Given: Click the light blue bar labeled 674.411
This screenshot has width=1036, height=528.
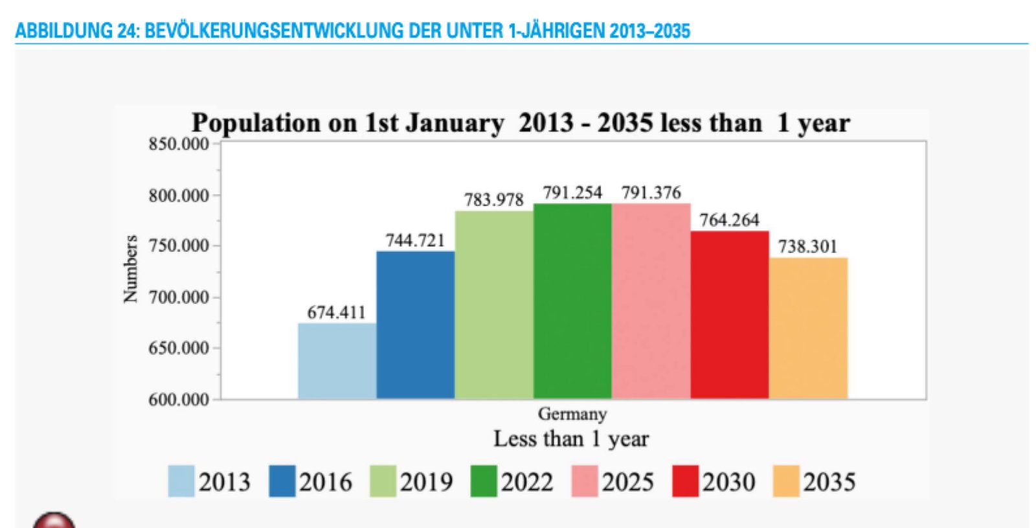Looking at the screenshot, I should [x=337, y=361].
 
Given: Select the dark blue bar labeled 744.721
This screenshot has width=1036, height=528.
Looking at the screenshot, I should [x=415, y=325].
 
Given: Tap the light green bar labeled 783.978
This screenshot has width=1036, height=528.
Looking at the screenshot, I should [x=494, y=304].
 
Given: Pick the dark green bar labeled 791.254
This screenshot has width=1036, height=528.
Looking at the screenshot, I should [x=572, y=301].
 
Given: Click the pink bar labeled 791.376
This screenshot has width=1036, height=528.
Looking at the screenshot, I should [x=651, y=301].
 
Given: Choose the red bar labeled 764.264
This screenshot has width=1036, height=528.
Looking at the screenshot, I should [x=730, y=315].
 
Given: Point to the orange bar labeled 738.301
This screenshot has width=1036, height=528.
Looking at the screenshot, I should [x=808, y=328].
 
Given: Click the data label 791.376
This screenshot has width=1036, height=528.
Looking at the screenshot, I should [x=651, y=192].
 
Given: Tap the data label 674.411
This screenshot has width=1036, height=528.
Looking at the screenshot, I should [x=336, y=312].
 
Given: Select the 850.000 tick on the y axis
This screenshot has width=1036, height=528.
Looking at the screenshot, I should [x=179, y=144].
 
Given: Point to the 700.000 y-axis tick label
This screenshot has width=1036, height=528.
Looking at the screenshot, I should [x=179, y=297].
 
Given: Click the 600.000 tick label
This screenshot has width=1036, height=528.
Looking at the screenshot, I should [x=179, y=400].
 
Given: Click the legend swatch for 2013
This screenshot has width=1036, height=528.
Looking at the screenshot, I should [x=181, y=481].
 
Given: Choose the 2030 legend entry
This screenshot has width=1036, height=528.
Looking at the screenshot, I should [x=715, y=481].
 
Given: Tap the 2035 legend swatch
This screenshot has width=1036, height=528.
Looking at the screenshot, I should [x=786, y=481].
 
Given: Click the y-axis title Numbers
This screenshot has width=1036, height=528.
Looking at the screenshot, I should [x=131, y=269].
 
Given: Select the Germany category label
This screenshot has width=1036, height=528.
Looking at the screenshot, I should [x=572, y=414].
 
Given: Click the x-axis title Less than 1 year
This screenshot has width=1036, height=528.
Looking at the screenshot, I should [x=571, y=439].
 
